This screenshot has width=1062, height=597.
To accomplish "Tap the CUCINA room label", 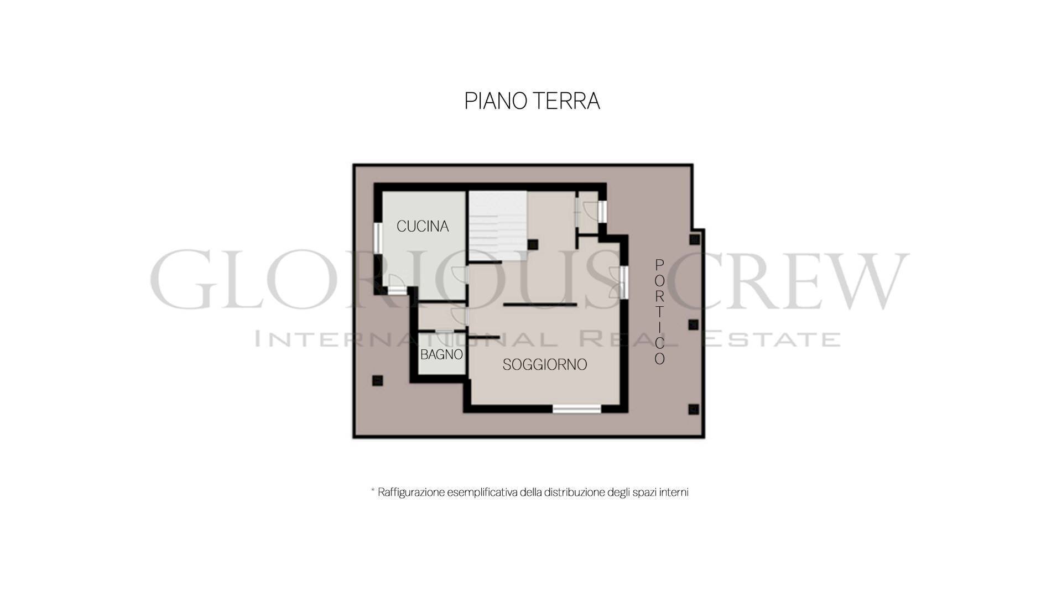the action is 423,226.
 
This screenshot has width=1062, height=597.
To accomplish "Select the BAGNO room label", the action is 441,354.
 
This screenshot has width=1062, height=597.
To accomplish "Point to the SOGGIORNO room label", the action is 545,365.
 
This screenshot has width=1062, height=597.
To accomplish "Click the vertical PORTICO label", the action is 659,312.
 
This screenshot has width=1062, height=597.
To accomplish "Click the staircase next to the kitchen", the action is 497,226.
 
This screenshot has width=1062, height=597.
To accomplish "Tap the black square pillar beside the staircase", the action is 532,244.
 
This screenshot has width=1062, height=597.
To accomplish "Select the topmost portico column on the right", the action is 694,239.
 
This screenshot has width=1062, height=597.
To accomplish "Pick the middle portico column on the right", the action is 693,324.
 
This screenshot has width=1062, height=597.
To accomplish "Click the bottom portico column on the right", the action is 693,409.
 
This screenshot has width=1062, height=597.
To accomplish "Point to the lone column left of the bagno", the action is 378,380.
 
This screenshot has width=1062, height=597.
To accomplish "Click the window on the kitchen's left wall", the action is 378,244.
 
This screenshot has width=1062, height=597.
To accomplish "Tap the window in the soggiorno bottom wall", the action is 577,409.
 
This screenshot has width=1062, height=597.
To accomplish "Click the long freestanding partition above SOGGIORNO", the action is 540,305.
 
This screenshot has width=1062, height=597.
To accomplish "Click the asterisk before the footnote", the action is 373,490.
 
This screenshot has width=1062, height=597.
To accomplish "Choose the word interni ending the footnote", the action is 674,492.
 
